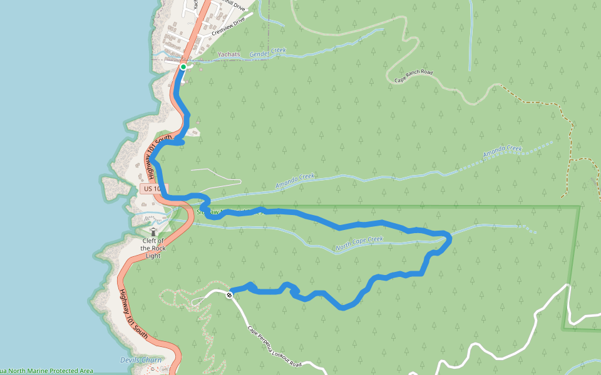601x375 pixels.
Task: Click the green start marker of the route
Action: tap(183, 67)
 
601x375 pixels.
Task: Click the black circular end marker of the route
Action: tap(230, 294)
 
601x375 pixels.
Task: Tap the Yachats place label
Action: tap(229, 55)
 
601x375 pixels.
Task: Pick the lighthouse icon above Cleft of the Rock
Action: tap(153, 232)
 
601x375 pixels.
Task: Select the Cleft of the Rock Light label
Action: tap(153, 248)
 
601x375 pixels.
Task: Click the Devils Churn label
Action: tap(140, 360)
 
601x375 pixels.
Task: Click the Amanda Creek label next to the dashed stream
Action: tap(502, 152)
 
